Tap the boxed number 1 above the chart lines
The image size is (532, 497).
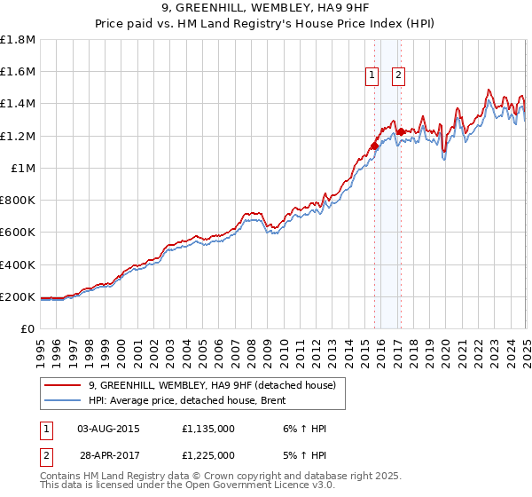click(x=371, y=76)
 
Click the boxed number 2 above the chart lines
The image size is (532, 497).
click(x=399, y=76)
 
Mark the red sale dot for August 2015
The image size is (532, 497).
click(x=374, y=146)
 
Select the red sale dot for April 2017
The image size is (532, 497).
click(x=401, y=132)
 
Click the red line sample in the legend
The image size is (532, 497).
click(x=62, y=386)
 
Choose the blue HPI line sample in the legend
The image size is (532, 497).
click(x=62, y=401)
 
